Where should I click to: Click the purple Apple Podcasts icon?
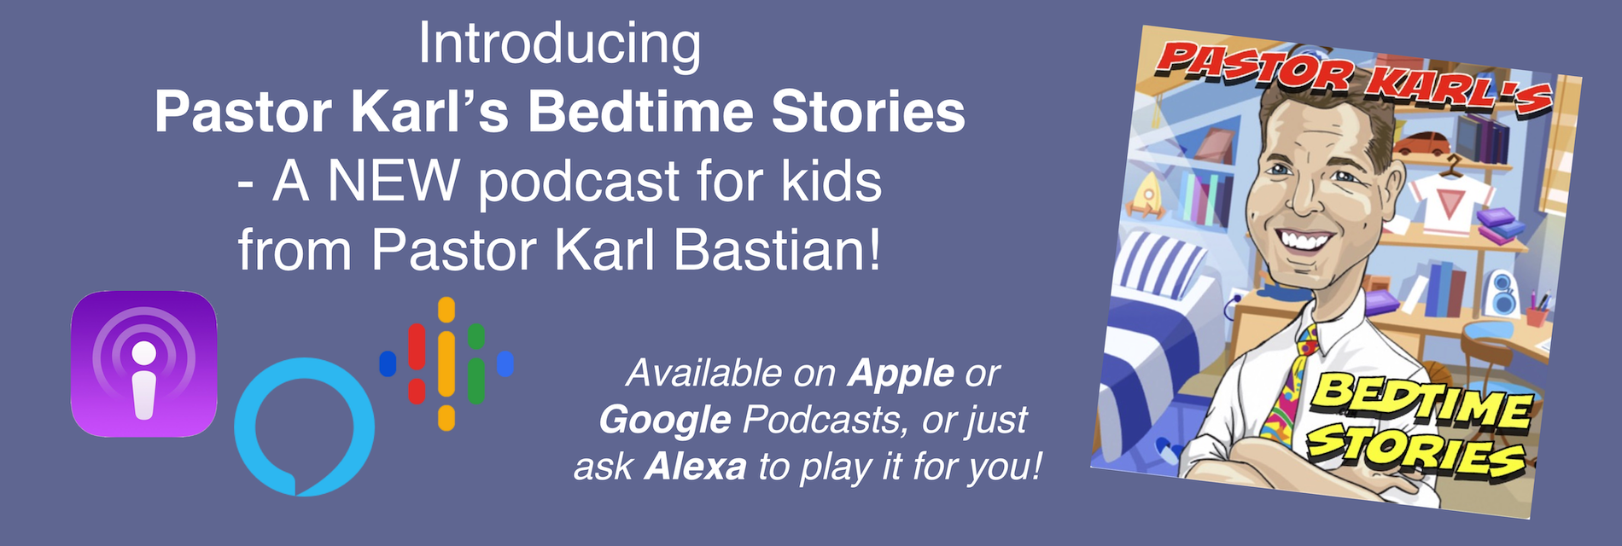143,364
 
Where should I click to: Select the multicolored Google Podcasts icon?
446,363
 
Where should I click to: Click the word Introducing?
560,45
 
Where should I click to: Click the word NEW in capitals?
393,181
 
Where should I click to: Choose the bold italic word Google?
665,421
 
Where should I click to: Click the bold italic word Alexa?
695,468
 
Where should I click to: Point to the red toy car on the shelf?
1421,143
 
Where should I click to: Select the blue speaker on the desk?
1500,294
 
